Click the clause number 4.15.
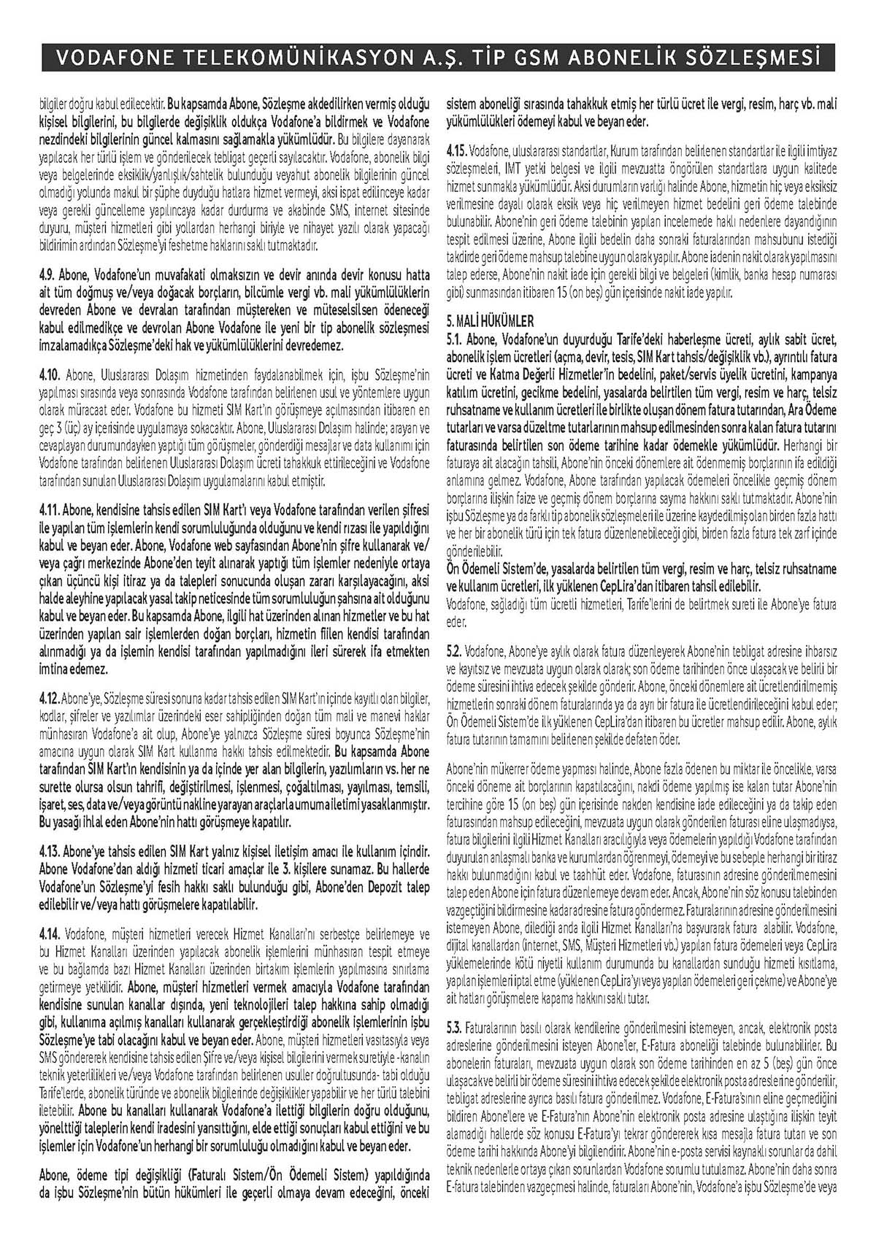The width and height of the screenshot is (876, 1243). pos(458,150)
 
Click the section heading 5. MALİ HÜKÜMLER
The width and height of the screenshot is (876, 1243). pos(490,320)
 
